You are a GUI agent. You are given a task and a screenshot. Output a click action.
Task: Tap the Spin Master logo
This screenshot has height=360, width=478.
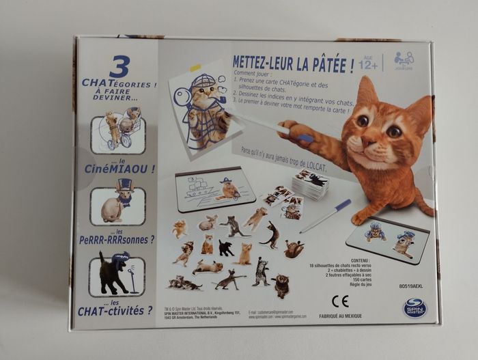pyautogui.click(x=412, y=307)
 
